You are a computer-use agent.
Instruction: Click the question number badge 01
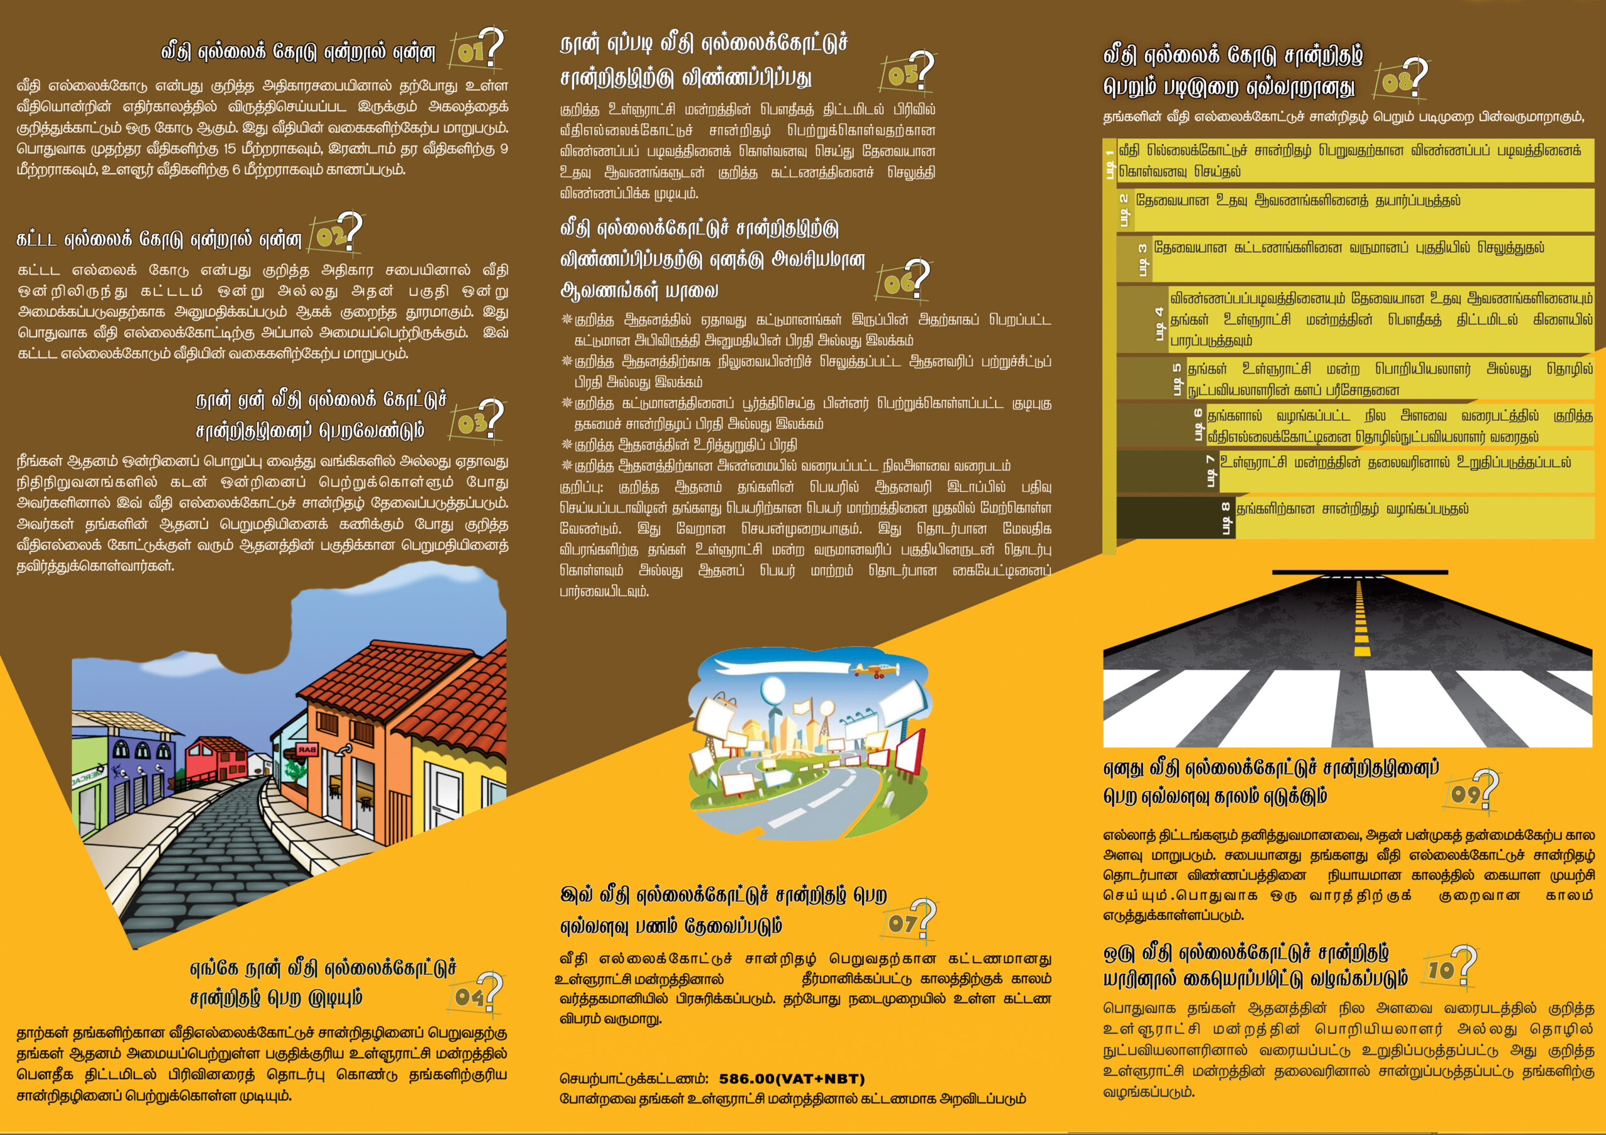[x=476, y=50]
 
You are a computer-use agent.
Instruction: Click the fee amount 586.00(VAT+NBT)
[x=791, y=1079]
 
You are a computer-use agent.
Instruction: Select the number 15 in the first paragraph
[x=230, y=149]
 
